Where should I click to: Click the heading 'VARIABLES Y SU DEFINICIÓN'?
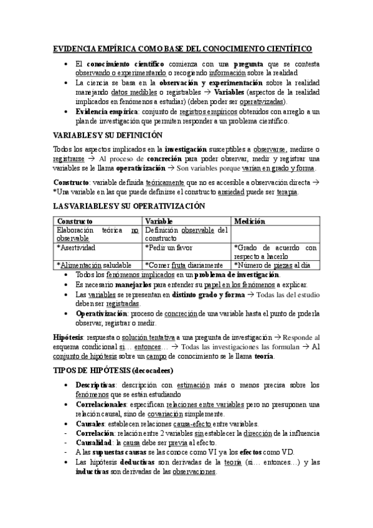pyautogui.click(x=108, y=135)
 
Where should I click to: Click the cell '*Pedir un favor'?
pyautogui.click(x=168, y=247)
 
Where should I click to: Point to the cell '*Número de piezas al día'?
pyautogui.click(x=271, y=265)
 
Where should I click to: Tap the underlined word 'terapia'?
pyautogui.click(x=287, y=192)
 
